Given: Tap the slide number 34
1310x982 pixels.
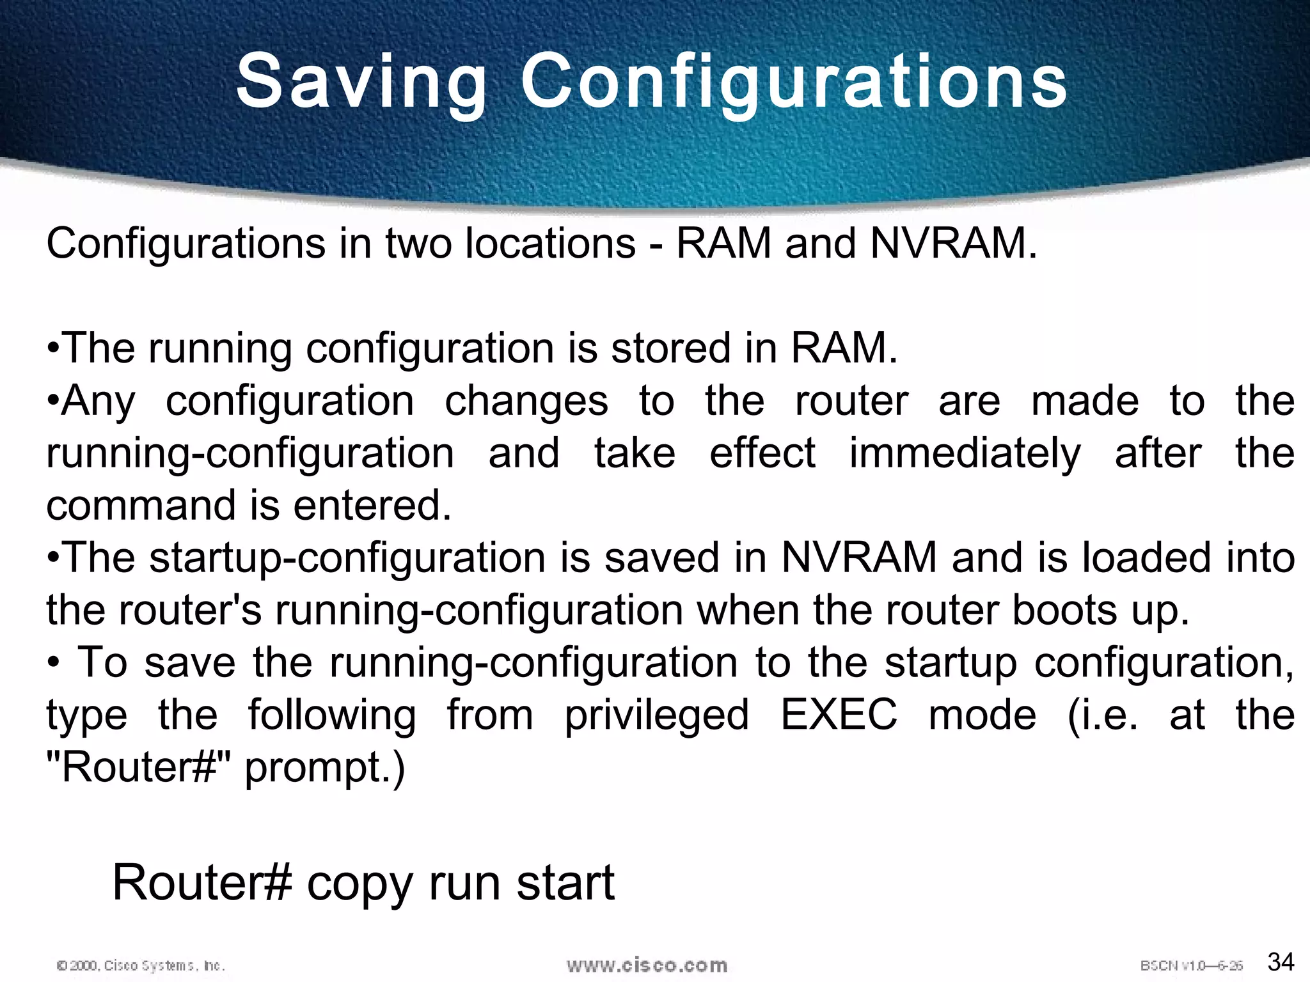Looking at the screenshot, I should [x=1281, y=962].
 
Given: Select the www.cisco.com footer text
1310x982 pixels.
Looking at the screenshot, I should [x=647, y=965].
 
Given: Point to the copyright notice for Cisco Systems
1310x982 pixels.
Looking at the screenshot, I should [x=141, y=965].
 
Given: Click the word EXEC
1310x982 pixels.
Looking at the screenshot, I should [x=839, y=714].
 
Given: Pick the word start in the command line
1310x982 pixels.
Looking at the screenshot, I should [x=565, y=883].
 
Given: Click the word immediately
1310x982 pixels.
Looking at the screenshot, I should [x=965, y=454].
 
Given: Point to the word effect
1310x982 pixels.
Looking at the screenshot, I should [x=762, y=453].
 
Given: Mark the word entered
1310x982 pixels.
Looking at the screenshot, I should [x=372, y=505].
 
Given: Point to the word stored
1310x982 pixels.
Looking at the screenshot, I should [x=672, y=348].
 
